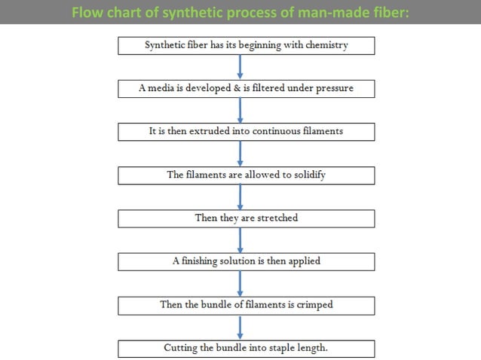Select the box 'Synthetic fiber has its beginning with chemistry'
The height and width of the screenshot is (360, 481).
coord(247,45)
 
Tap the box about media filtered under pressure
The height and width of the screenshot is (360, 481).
coord(247,88)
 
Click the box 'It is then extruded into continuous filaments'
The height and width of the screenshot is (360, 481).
coord(247,131)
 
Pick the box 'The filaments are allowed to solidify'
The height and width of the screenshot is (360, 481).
coord(247,175)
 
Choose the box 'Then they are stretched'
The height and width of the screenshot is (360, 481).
coord(247,218)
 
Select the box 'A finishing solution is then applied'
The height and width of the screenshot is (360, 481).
coord(247,261)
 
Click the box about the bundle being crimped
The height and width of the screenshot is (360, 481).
coord(247,305)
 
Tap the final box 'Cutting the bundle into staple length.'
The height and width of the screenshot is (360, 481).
coord(247,349)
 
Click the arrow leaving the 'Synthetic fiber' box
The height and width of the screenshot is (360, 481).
coord(240,66)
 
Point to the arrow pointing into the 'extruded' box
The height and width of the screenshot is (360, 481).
coord(240,110)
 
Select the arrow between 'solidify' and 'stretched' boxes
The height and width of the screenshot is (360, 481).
coord(240,197)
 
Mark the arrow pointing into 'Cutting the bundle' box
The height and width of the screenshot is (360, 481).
coord(240,327)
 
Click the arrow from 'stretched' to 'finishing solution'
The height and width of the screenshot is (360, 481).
coord(240,240)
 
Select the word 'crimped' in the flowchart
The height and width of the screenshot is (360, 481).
coord(315,305)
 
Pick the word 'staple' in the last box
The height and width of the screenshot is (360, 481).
coord(280,349)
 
